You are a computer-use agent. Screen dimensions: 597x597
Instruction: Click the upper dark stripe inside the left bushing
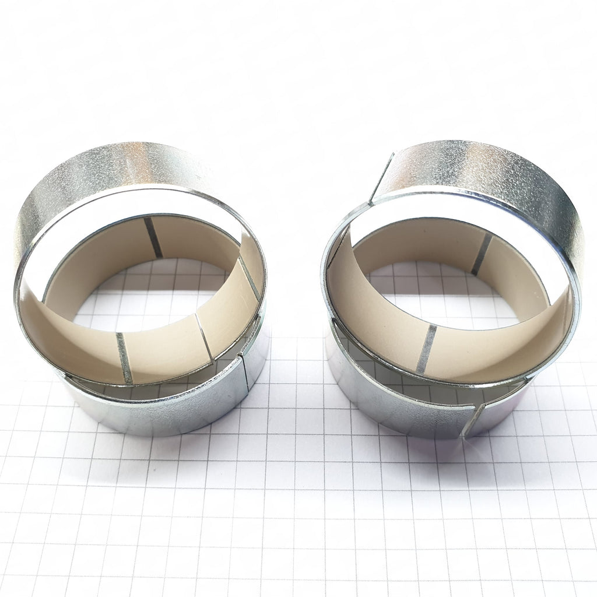(153, 237)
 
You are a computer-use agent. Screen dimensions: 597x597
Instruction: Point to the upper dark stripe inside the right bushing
(482, 254)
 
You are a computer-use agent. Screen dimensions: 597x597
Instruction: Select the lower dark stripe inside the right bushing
(426, 349)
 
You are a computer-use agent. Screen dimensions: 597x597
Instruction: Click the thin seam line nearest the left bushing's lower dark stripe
(204, 338)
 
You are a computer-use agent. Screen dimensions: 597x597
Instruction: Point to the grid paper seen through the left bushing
(146, 297)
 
